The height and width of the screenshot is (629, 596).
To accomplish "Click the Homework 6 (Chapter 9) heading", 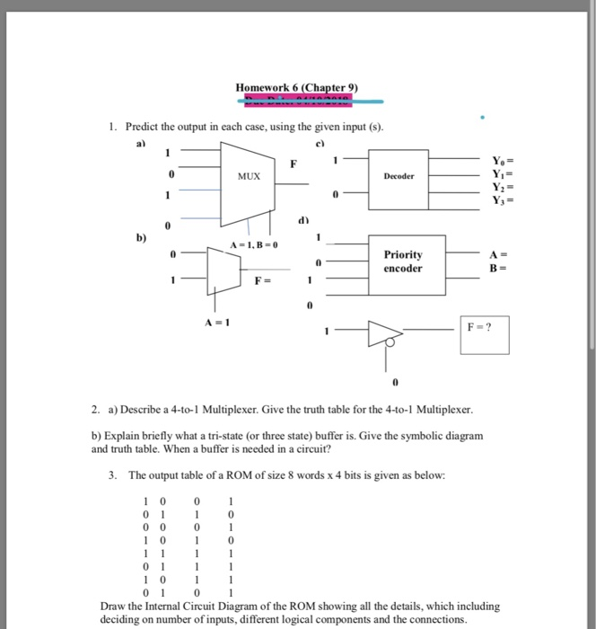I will tap(297, 87).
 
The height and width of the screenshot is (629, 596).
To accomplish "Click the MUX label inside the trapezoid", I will tap(250, 176).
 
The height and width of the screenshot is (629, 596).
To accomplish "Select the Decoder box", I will tap(399, 177).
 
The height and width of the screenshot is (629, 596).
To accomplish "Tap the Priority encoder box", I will tap(403, 261).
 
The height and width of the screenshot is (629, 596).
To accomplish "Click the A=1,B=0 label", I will tap(255, 244).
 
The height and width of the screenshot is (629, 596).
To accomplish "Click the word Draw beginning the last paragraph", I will tap(113, 607).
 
